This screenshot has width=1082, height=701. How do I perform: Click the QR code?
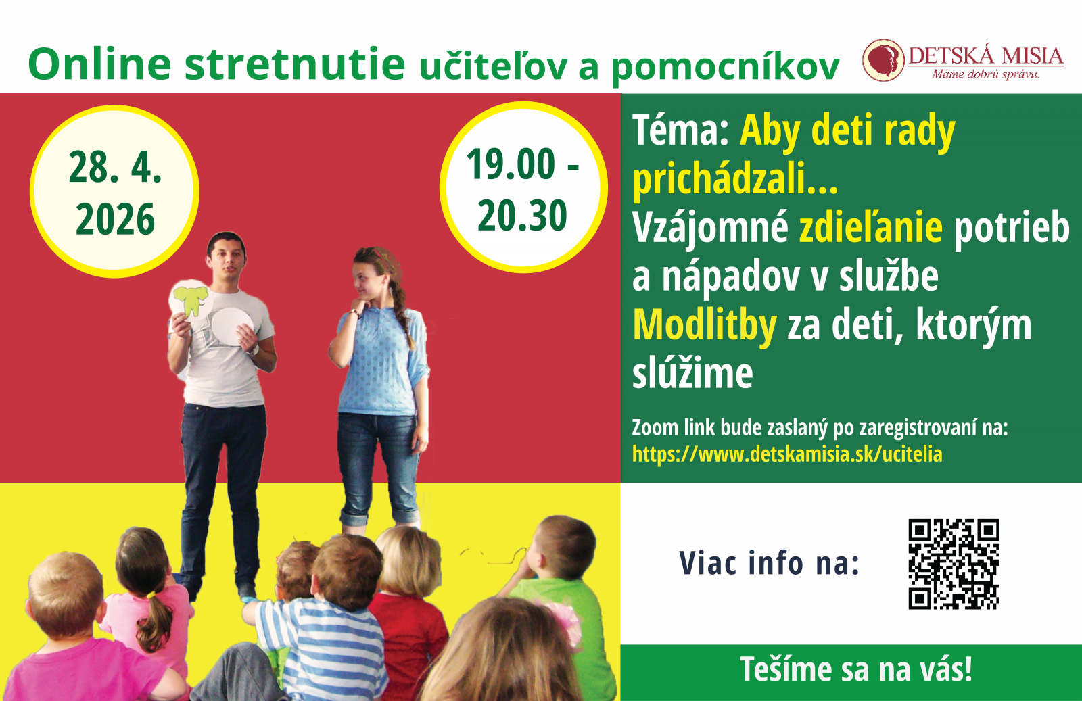pyautogui.click(x=954, y=564)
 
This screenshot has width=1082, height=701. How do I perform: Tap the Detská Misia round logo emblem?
pyautogui.click(x=883, y=60)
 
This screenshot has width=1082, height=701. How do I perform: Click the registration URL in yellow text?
pyautogui.click(x=787, y=454)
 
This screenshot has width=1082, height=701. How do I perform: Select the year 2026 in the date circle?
pyautogui.click(x=115, y=220)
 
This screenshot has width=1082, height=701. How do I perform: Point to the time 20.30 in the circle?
pyautogui.click(x=522, y=216)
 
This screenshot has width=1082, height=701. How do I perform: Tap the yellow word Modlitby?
pyautogui.click(x=704, y=325)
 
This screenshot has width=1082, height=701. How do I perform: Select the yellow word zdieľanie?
pyautogui.click(x=870, y=227)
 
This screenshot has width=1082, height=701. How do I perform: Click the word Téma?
pyautogui.click(x=680, y=130)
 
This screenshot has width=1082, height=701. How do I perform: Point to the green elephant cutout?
pyautogui.click(x=190, y=299)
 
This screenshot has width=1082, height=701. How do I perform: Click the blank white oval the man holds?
pyautogui.click(x=232, y=327)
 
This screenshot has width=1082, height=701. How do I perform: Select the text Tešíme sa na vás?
pyautogui.click(x=856, y=670)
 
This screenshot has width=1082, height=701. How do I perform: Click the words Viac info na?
pyautogui.click(x=769, y=563)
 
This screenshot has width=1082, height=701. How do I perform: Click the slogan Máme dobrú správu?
pyautogui.click(x=986, y=74)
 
